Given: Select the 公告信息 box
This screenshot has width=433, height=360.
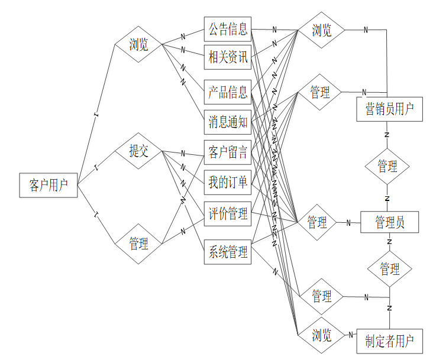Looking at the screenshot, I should tap(228, 29).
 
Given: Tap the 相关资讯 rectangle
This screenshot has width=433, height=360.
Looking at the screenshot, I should tap(228, 58).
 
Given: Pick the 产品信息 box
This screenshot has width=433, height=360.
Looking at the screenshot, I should tap(228, 92).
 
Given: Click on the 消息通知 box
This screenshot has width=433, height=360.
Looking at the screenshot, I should tap(228, 122).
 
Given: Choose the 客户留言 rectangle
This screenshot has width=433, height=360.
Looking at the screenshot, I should tap(228, 153).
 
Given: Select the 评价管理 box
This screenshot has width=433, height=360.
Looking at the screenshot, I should tap(228, 215).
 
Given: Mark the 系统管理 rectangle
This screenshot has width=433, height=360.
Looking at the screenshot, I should tap(228, 252).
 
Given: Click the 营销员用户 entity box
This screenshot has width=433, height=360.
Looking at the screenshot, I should tap(389, 109).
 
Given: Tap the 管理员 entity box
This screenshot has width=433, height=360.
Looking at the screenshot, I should tap(389, 222).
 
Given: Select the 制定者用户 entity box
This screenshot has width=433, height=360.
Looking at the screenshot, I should tap(389, 340).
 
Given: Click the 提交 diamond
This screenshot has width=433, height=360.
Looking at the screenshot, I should tap(139, 152).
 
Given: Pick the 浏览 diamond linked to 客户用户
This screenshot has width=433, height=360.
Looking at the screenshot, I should tap(139, 45).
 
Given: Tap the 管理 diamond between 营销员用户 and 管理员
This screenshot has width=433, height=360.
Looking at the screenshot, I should tap(387, 167).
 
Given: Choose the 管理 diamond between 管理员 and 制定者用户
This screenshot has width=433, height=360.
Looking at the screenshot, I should tap(390, 270).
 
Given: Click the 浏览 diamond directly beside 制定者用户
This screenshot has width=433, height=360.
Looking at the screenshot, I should tap(322, 336).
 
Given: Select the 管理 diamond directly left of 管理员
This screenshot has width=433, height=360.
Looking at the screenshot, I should tap(317, 222).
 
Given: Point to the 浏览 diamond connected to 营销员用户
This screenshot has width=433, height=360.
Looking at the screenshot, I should tap(322, 30).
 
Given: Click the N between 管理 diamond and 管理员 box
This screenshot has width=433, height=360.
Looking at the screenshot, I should tap(348, 223).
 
